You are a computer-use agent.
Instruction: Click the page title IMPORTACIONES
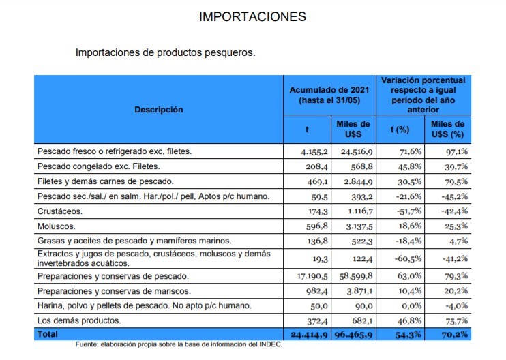pyautogui.click(x=252, y=16)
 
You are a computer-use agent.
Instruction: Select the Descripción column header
pyautogui.click(x=158, y=109)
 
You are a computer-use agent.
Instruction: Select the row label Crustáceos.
pyautogui.click(x=59, y=211)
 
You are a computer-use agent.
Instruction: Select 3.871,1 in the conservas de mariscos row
pyautogui.click(x=355, y=291)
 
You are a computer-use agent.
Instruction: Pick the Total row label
pyautogui.click(x=48, y=335)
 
